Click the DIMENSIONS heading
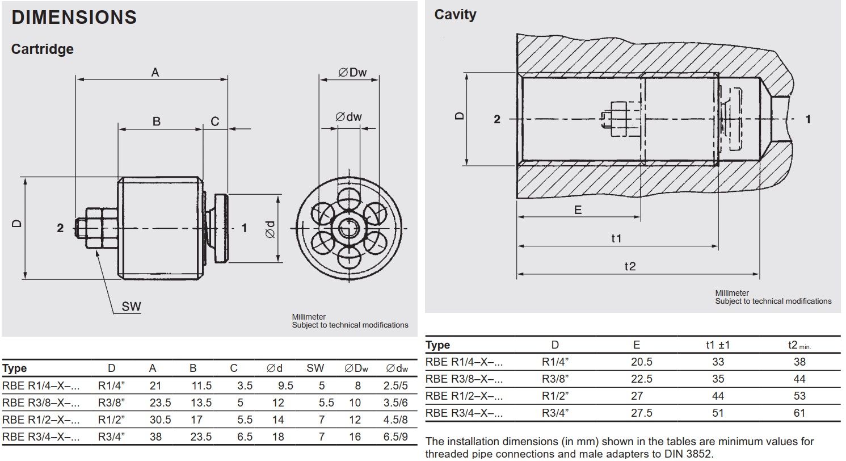pos(74,17)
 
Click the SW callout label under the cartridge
pos(131,307)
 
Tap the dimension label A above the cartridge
pos(155,72)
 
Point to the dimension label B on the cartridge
pos(157,121)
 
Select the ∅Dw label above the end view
pos(352,72)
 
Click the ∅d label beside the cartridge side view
pos(270,229)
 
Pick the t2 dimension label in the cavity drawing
pos(630,266)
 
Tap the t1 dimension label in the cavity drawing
pos(616,238)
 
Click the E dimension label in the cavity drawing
pos(578,210)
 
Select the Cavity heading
pos(455,15)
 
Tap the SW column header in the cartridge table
pos(315,368)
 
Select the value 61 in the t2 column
pos(799,413)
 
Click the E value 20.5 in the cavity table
pos(641,362)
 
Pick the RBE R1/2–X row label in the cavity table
pos(464,396)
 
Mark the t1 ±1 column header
pos(717,345)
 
